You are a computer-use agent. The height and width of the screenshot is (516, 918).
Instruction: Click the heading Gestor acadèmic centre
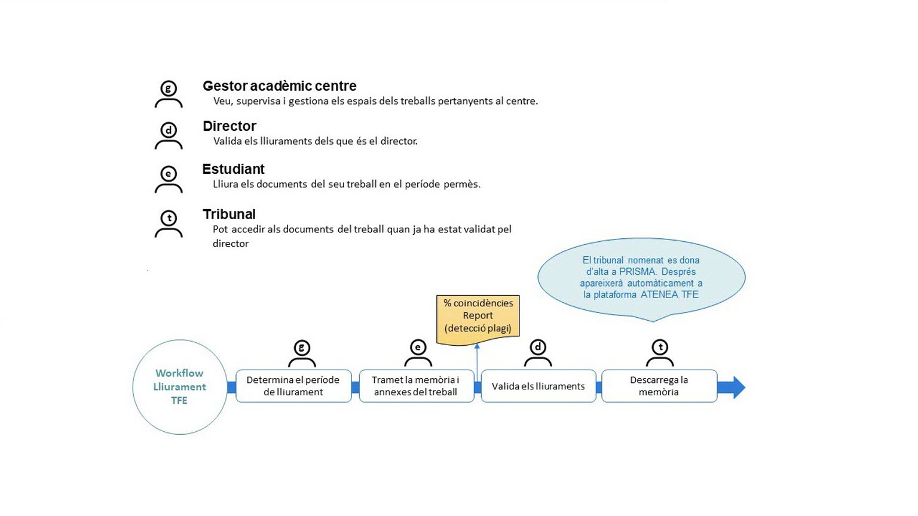tap(279, 86)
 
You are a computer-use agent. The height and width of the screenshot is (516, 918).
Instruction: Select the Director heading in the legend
tap(229, 126)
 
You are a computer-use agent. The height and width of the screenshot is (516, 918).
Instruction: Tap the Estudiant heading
tap(233, 169)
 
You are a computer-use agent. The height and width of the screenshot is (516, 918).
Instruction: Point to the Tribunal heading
tap(229, 214)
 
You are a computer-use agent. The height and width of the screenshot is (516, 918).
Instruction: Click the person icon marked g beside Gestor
tap(169, 95)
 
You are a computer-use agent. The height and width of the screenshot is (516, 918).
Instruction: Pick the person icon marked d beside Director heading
tap(169, 136)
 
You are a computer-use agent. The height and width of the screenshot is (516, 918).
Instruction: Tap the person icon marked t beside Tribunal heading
tap(169, 224)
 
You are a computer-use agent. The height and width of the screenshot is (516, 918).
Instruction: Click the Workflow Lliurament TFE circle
tap(179, 387)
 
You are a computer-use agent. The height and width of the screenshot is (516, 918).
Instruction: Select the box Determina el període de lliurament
tap(293, 386)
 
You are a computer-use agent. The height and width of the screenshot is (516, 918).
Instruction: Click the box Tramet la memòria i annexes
tap(416, 386)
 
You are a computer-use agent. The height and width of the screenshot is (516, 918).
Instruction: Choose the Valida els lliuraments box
tap(538, 386)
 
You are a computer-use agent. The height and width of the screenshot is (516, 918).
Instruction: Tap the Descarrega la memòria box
tap(659, 386)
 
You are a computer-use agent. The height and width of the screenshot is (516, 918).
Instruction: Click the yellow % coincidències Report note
tap(478, 318)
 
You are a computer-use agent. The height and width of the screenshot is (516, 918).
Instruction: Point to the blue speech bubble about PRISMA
tap(641, 277)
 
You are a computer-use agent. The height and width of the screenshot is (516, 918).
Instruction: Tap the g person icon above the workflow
tap(302, 354)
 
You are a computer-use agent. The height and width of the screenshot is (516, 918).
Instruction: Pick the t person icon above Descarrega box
tap(660, 354)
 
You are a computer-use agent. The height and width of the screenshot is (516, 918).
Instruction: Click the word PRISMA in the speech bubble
tap(638, 272)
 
